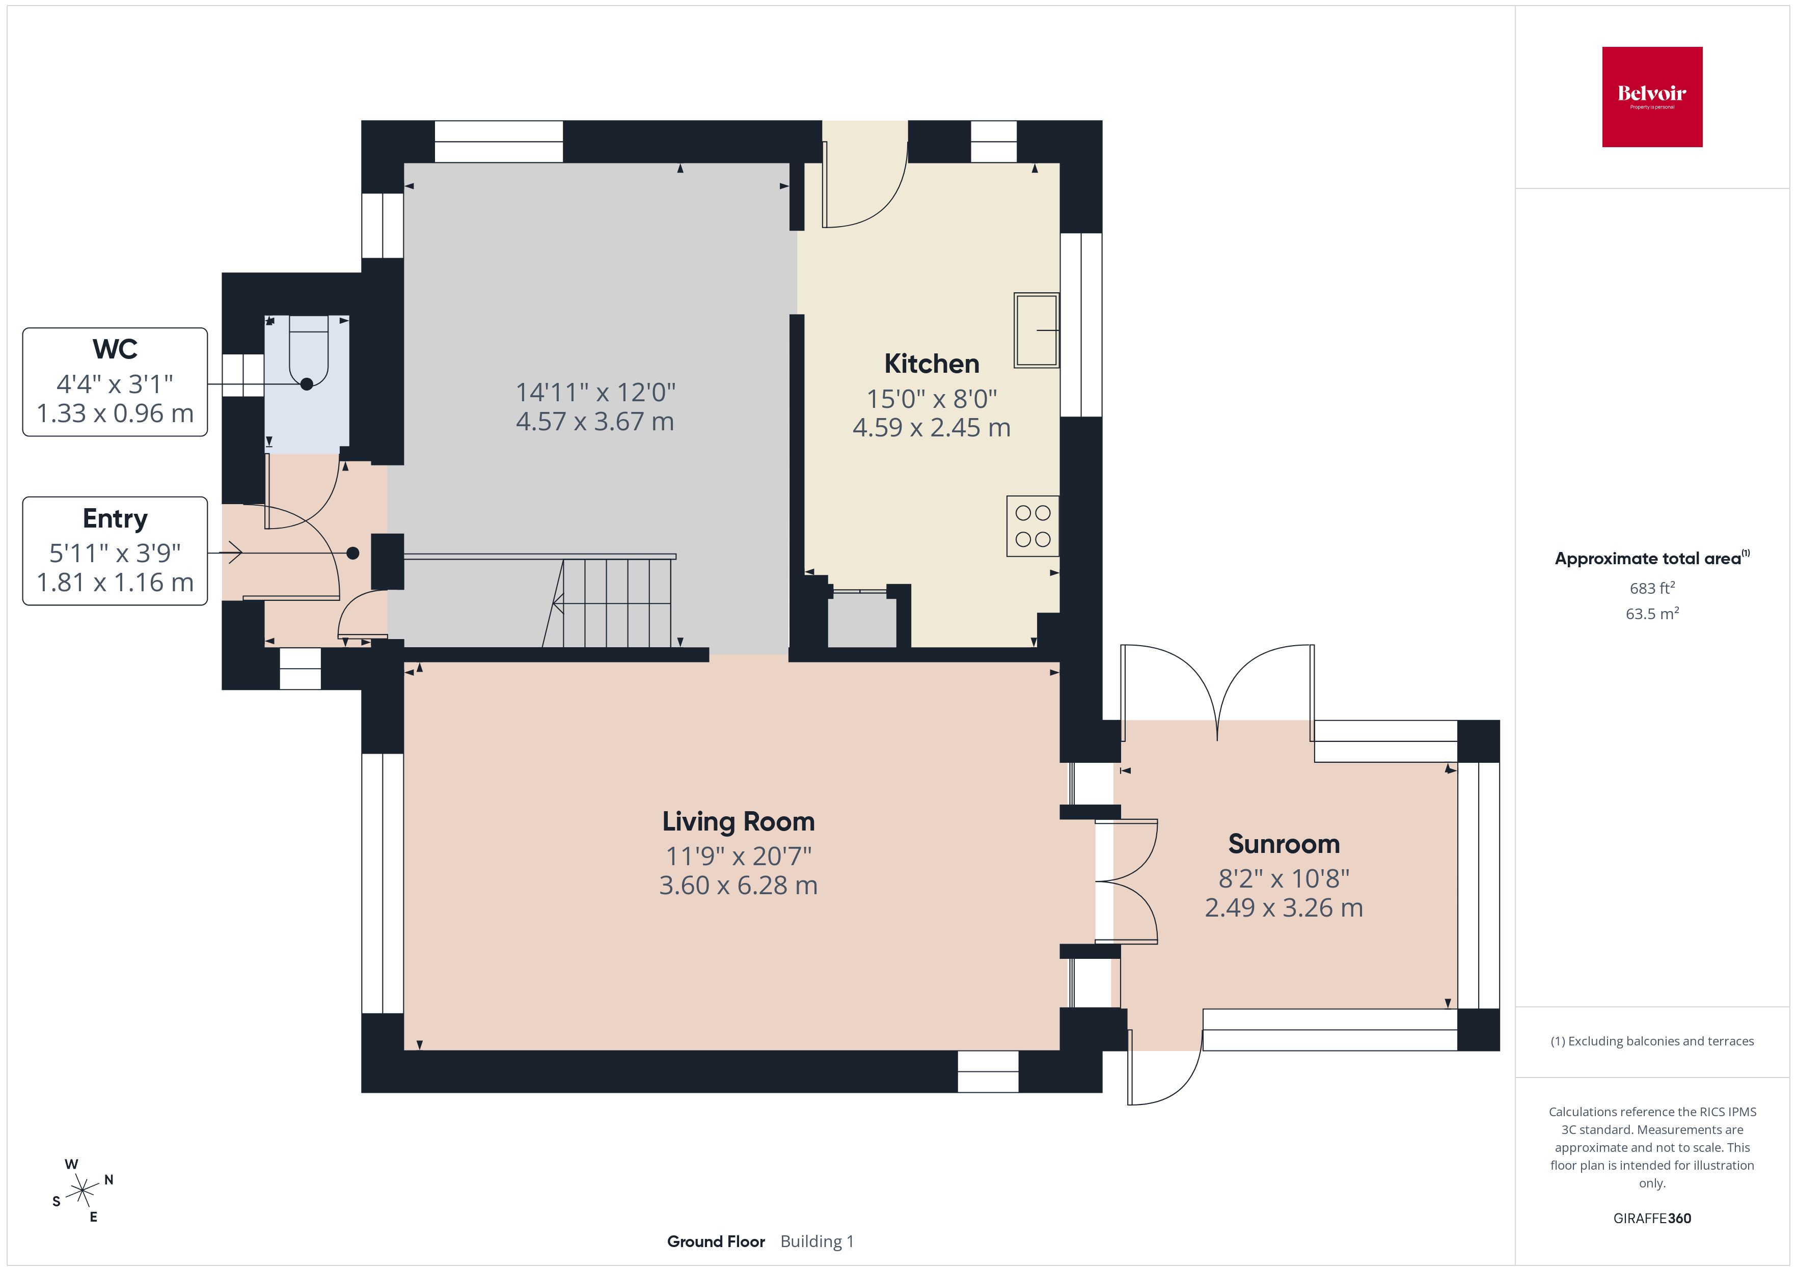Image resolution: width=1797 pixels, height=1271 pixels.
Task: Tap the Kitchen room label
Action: pos(932,364)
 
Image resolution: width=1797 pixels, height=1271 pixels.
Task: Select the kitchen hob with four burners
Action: pos(1032,526)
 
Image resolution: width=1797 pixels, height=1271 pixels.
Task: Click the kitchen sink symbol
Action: pos(1036,330)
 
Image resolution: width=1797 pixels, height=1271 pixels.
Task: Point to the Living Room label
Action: pos(738,822)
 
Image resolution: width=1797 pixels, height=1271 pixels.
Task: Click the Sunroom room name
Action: pos(1284,844)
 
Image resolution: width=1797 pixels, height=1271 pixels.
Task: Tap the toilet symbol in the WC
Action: pos(308,352)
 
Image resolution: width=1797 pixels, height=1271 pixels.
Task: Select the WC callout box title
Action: pos(115,349)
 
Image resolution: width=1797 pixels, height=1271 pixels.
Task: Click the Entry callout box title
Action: pos(115,519)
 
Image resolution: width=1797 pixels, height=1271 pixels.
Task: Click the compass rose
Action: pos(82,1191)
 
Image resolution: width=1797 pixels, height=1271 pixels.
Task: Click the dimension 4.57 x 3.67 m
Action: pos(595,422)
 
